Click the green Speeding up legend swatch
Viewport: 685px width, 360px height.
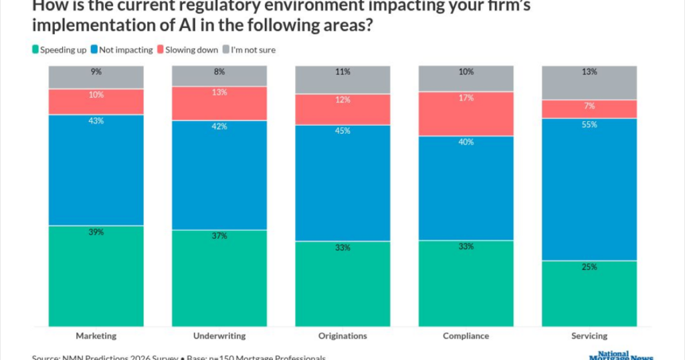(x=35, y=50)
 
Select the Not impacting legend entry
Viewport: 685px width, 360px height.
(x=122, y=50)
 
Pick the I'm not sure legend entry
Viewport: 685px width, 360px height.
(x=253, y=50)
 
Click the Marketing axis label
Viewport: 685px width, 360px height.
(x=96, y=336)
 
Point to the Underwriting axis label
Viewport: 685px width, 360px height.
(x=219, y=336)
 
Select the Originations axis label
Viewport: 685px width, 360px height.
(x=342, y=336)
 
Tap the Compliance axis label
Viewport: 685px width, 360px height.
(x=466, y=336)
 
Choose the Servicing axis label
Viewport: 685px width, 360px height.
(x=589, y=336)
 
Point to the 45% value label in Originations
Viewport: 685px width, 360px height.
(x=343, y=131)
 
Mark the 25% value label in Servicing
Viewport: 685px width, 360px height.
(x=589, y=267)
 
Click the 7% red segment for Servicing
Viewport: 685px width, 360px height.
(x=589, y=109)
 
